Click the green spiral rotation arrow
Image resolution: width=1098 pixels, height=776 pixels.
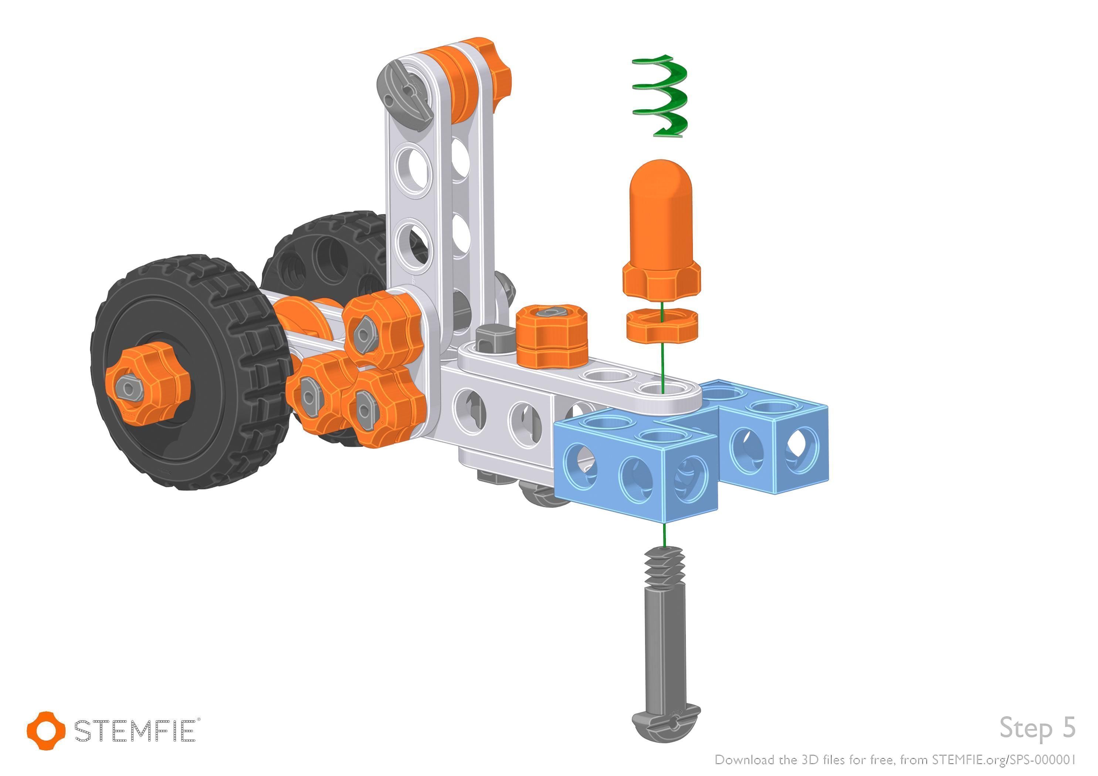660,96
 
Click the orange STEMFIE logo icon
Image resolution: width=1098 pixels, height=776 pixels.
46,730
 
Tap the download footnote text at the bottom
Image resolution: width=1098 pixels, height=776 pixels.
895,759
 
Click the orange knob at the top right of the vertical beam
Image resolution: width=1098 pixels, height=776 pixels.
497,76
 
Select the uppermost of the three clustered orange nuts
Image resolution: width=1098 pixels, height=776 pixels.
383,330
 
